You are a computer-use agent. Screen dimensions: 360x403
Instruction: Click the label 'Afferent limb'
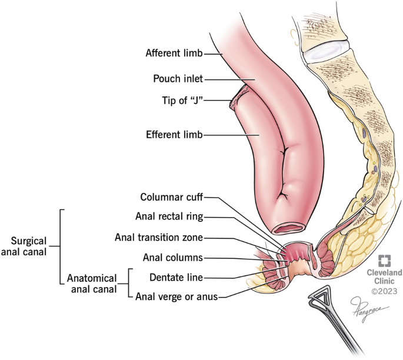pos(174,54)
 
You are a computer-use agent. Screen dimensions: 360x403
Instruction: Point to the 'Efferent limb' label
pos(174,134)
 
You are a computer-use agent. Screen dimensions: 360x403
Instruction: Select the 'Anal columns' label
pos(173,257)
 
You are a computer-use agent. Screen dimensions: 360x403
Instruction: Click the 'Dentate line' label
pos(176,276)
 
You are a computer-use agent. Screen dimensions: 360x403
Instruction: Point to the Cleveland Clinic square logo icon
pos(384,261)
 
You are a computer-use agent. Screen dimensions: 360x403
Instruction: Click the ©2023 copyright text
pos(385,291)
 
